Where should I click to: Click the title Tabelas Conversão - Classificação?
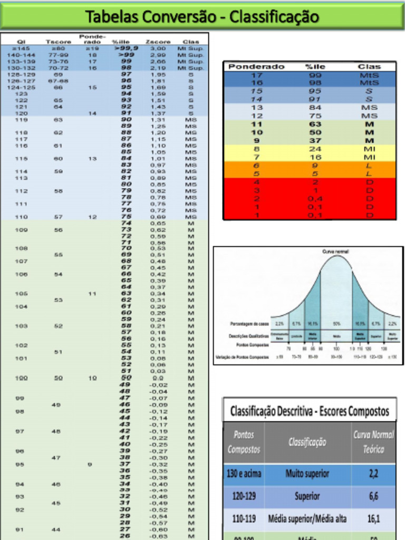click(x=202, y=17)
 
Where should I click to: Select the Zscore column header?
click(x=158, y=42)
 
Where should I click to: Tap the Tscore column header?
click(x=58, y=42)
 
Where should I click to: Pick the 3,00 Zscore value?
click(x=158, y=49)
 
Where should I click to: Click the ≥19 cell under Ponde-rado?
click(x=92, y=49)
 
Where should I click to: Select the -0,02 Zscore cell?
click(x=158, y=385)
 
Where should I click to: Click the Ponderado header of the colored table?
click(x=256, y=67)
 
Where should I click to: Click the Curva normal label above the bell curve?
click(x=335, y=252)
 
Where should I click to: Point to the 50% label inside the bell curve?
click(x=335, y=323)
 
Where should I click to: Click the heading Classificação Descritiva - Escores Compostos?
click(x=310, y=411)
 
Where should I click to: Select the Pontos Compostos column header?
click(x=244, y=442)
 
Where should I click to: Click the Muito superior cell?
click(x=307, y=474)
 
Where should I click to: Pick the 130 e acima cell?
click(x=244, y=474)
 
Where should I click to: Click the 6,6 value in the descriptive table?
click(x=373, y=496)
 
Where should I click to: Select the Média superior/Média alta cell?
click(x=307, y=519)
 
